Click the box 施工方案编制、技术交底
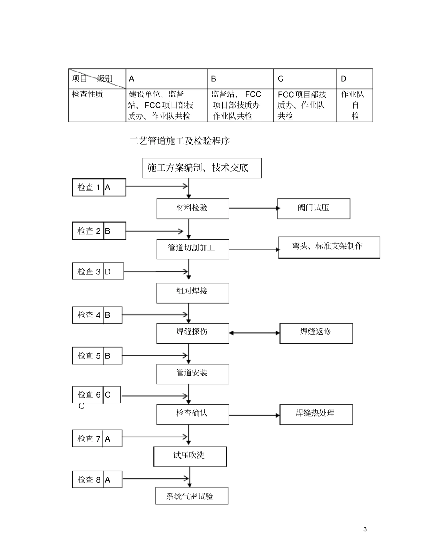pyautogui.click(x=201, y=168)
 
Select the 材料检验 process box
pyautogui.click(x=193, y=208)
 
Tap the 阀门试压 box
pyautogui.click(x=313, y=208)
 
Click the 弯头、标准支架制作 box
pyautogui.click(x=329, y=247)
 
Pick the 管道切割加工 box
pyautogui.click(x=193, y=249)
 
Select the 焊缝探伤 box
pyautogui.click(x=193, y=333)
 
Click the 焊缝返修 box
pyautogui.click(x=316, y=333)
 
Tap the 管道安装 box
pyautogui.click(x=193, y=374)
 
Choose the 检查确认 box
pyautogui.click(x=193, y=414)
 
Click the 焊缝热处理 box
pyautogui.click(x=316, y=414)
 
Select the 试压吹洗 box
pyautogui.click(x=190, y=456)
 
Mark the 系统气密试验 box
pyautogui.click(x=191, y=496)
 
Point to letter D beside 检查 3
pyautogui.click(x=108, y=272)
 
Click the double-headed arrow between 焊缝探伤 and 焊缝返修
pyautogui.click(x=254, y=333)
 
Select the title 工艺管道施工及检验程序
pyautogui.click(x=180, y=141)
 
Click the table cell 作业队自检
pyautogui.click(x=354, y=105)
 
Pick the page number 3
pyautogui.click(x=365, y=529)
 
